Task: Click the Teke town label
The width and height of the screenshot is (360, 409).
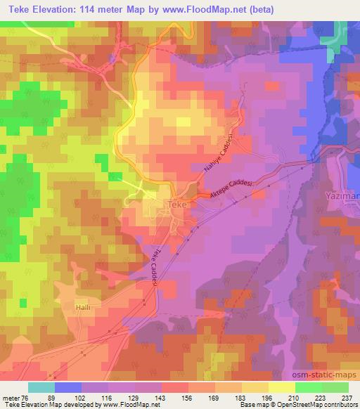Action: click(x=175, y=205)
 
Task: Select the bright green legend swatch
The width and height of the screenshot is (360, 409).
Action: click(x=309, y=387)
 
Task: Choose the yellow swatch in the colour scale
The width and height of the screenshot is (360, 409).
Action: click(x=282, y=387)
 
